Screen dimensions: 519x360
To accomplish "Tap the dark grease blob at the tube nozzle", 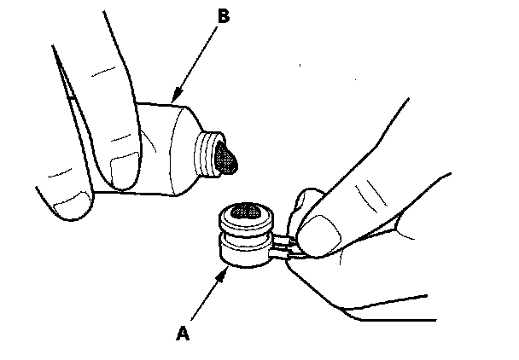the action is (x=228, y=159).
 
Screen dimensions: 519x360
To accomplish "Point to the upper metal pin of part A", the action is (x=287, y=243).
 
